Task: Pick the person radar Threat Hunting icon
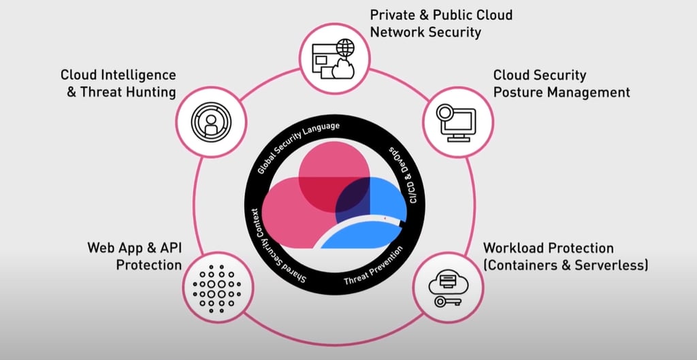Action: pos(210,122)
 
